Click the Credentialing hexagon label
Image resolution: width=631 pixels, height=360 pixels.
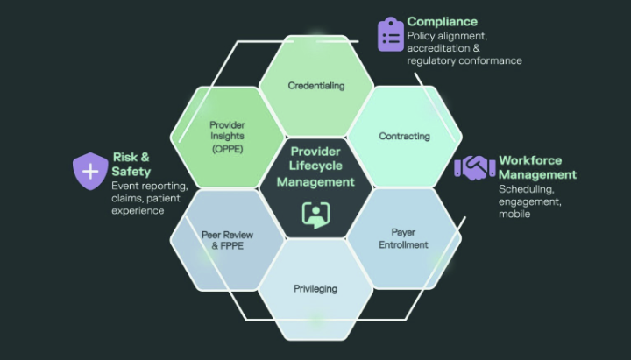click(x=316, y=86)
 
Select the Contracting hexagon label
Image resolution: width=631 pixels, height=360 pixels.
click(x=404, y=136)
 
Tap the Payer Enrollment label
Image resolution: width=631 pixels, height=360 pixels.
click(x=403, y=238)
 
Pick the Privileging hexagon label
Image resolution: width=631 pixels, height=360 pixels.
click(x=315, y=289)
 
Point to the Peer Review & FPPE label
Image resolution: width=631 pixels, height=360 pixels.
click(x=227, y=240)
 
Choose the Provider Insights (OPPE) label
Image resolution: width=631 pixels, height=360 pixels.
click(x=227, y=137)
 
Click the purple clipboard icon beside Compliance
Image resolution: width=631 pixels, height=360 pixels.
click(x=390, y=34)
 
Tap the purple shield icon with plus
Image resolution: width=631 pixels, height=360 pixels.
click(x=90, y=171)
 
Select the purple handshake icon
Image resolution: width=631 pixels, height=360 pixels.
click(x=475, y=167)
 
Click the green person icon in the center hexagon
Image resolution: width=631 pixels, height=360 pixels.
click(x=315, y=215)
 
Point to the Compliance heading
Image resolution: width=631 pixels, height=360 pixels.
click(x=443, y=21)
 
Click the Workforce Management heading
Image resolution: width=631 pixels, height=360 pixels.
click(x=537, y=167)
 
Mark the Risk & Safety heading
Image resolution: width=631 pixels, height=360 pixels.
click(x=131, y=164)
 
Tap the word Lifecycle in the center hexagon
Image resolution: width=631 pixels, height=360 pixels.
click(x=315, y=166)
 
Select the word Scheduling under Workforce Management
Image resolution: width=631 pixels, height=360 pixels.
click(x=527, y=189)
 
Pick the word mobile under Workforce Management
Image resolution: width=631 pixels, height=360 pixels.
click(x=514, y=214)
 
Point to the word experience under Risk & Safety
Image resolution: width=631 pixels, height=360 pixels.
click(x=138, y=211)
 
